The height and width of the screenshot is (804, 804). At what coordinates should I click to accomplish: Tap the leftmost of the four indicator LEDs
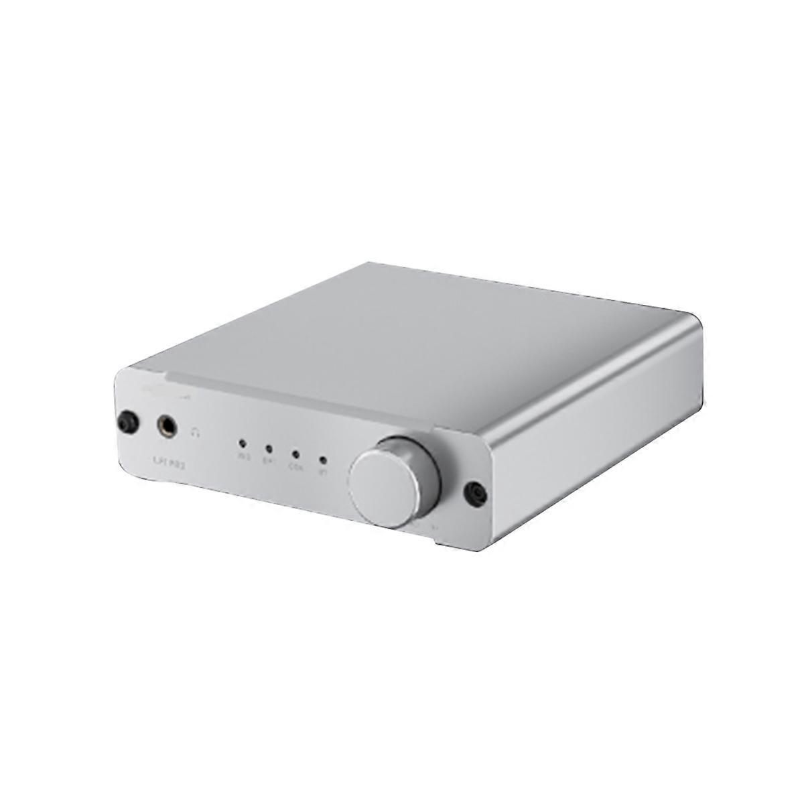point(242,444)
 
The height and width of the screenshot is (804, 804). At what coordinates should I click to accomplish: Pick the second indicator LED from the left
point(269,449)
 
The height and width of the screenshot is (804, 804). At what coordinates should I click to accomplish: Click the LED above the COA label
point(295,454)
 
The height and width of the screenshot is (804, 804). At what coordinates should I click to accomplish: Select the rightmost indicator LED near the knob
point(323,460)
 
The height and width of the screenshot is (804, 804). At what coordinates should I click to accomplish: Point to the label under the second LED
point(268,461)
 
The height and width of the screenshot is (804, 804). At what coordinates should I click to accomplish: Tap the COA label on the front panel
point(295,467)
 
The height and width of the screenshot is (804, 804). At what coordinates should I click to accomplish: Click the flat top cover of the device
point(415,335)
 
